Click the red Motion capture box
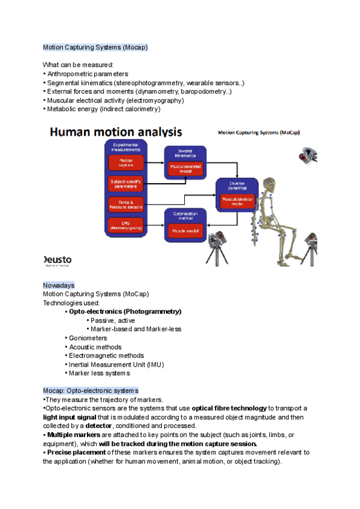pos(126,163)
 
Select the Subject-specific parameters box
pos(126,183)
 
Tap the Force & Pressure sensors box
pos(126,205)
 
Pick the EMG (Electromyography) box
pos(126,226)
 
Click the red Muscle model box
pos(185,229)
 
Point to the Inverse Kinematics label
pos(185,153)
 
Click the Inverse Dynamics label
pos(237,185)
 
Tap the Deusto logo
pos(58,261)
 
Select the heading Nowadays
pos(58,285)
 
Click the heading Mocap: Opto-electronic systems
pos(91,390)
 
